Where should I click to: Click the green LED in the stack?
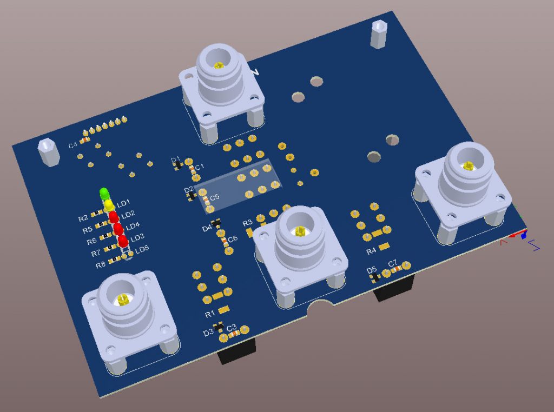pyautogui.click(x=104, y=193)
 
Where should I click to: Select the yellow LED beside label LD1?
pyautogui.click(x=109, y=205)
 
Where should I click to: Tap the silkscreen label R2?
pyautogui.click(x=83, y=218)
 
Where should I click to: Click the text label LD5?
pyautogui.click(x=142, y=249)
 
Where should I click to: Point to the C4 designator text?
pyautogui.click(x=72, y=145)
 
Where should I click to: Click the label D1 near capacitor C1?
pyautogui.click(x=175, y=160)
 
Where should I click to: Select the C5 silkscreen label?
pyautogui.click(x=215, y=197)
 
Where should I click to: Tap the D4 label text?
pyautogui.click(x=207, y=229)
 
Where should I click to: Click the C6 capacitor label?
pyautogui.click(x=233, y=239)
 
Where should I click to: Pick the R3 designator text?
pyautogui.click(x=247, y=223)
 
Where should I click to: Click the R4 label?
pyautogui.click(x=371, y=251)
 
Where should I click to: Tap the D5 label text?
pyautogui.click(x=371, y=270)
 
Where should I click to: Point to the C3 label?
pyautogui.click(x=231, y=328)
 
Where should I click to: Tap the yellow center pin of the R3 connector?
pyautogui.click(x=299, y=231)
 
